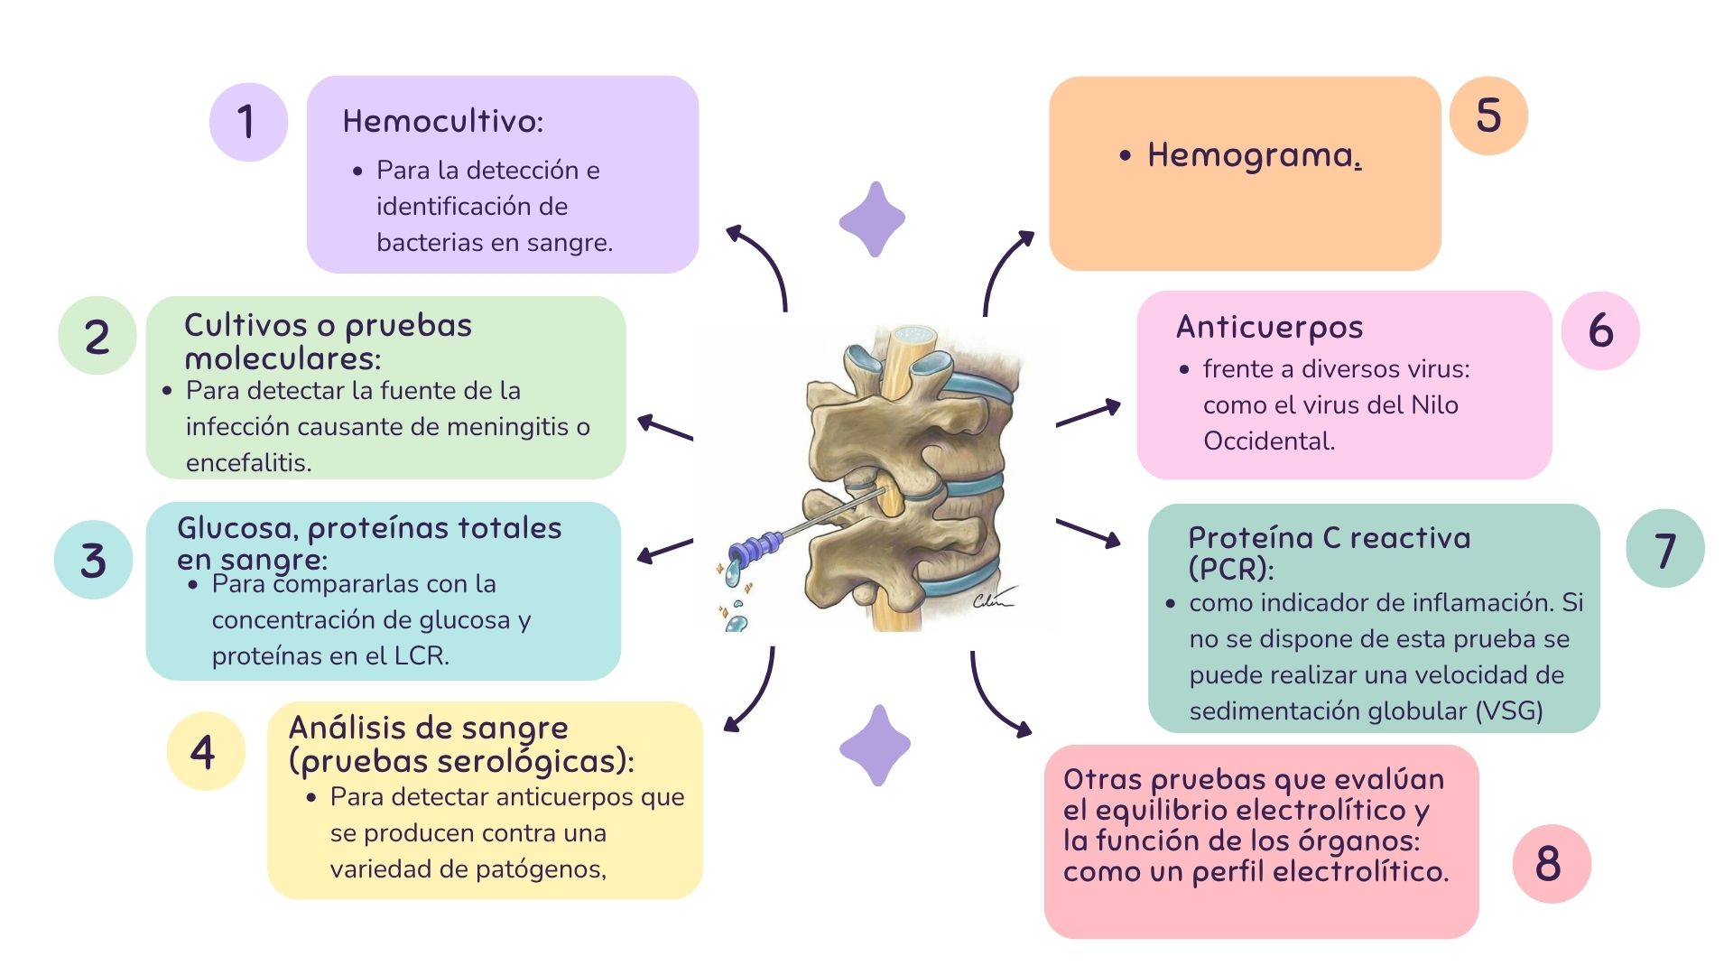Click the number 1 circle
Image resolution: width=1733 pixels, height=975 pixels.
click(x=248, y=122)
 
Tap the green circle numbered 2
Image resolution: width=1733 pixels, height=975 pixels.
click(x=97, y=336)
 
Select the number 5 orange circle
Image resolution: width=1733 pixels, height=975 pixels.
click(x=1488, y=116)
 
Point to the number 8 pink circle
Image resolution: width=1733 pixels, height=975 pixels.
click(x=1551, y=863)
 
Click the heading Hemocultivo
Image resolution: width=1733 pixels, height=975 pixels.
click(x=442, y=121)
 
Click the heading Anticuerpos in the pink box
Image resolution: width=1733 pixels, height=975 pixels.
click(x=1269, y=327)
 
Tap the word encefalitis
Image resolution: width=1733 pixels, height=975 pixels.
click(x=248, y=462)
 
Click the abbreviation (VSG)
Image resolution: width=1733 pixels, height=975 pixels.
click(x=1509, y=710)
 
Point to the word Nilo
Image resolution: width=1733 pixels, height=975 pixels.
click(x=1433, y=404)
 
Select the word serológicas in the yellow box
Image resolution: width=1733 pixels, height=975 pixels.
click(x=528, y=762)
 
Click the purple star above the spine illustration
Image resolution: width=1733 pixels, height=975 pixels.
click(x=872, y=219)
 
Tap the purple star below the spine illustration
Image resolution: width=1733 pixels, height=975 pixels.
click(x=875, y=746)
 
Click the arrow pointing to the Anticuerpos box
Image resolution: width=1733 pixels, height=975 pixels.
click(x=1089, y=413)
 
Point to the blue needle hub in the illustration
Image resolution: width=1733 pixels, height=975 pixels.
click(x=756, y=547)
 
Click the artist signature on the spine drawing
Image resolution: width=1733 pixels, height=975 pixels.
click(x=993, y=598)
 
